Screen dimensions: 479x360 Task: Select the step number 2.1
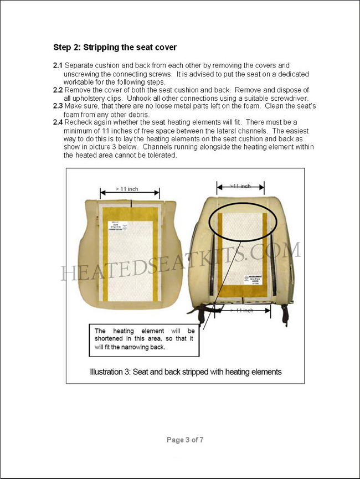pos(58,65)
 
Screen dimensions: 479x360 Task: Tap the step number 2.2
pos(58,90)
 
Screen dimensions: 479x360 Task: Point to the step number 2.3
pos(58,106)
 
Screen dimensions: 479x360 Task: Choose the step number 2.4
pos(58,122)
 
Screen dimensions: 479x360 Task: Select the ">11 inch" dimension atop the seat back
pos(240,186)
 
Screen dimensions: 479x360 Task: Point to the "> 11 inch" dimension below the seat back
pos(241,311)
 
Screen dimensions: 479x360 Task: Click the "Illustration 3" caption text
pos(186,372)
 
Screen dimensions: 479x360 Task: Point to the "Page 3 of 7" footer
pos(185,440)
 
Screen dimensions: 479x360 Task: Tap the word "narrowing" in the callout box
pos(147,347)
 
